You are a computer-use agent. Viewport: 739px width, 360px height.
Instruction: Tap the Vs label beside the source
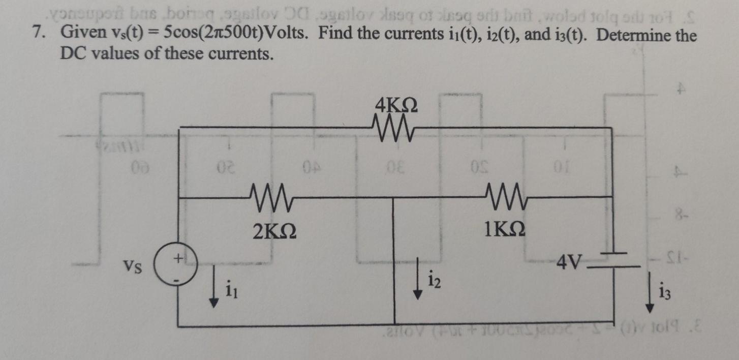pos(133,265)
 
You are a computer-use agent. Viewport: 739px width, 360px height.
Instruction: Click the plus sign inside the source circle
pos(177,259)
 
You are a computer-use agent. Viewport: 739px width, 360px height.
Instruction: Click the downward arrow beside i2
pos(417,278)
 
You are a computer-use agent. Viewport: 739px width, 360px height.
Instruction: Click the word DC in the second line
pos(74,53)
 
